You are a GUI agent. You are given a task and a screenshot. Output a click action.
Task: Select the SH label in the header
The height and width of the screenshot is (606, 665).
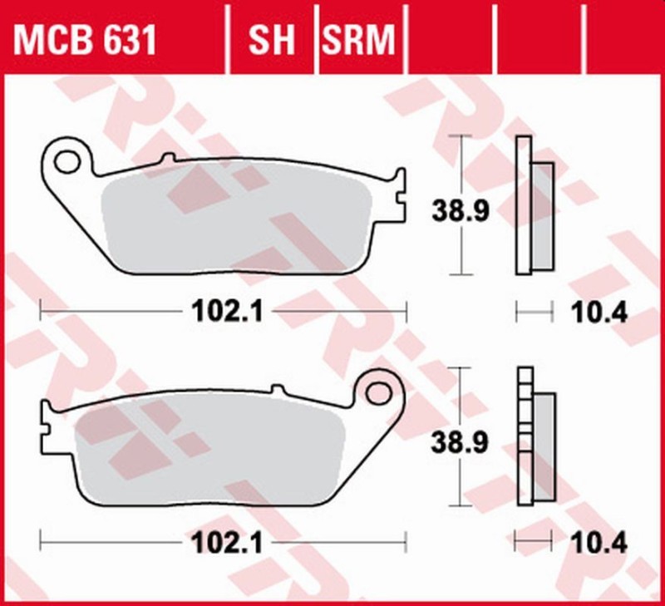pyautogui.click(x=272, y=39)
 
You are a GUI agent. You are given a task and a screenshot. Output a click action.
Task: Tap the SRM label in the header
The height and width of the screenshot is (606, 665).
pyautogui.click(x=359, y=39)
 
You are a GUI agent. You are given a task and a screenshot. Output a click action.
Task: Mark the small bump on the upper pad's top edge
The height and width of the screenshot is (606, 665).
pyautogui.click(x=167, y=158)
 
